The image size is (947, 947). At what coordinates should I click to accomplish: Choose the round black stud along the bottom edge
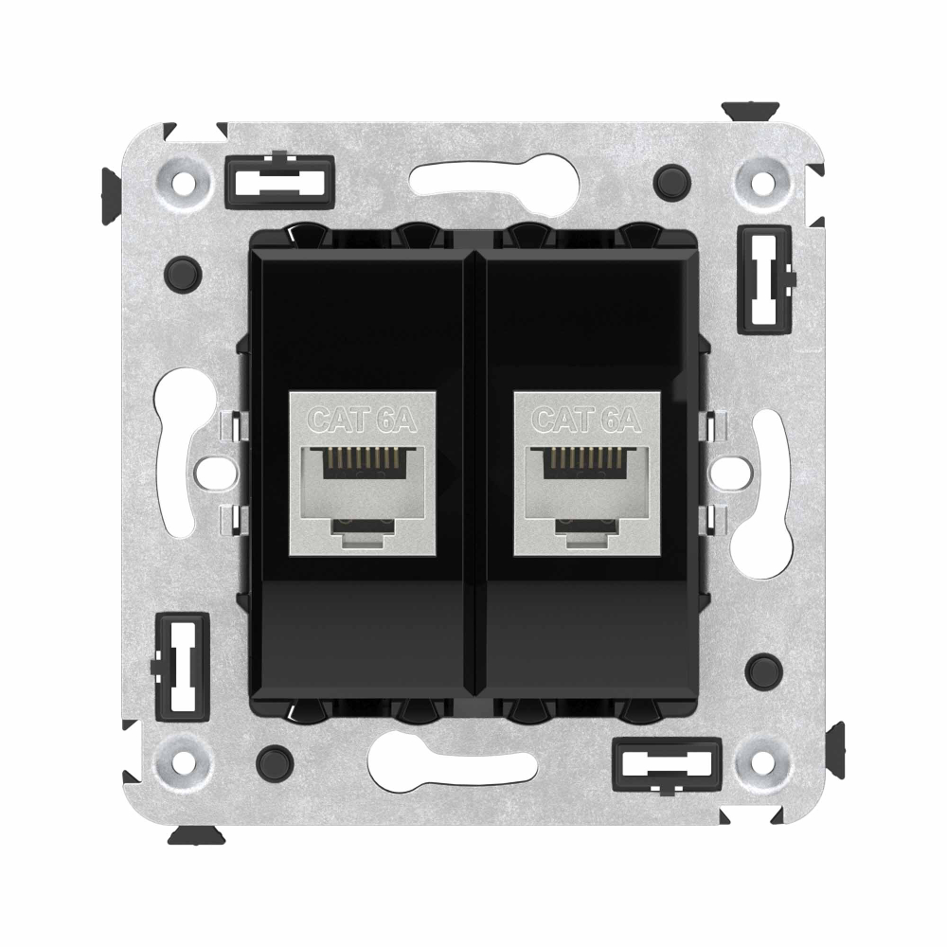[276, 759]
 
